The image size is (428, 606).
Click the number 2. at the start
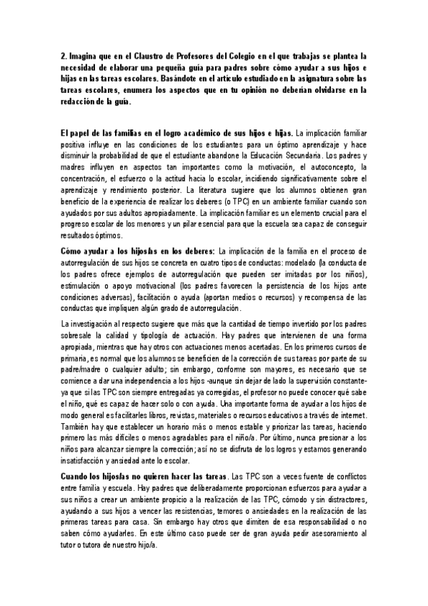tap(63, 54)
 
